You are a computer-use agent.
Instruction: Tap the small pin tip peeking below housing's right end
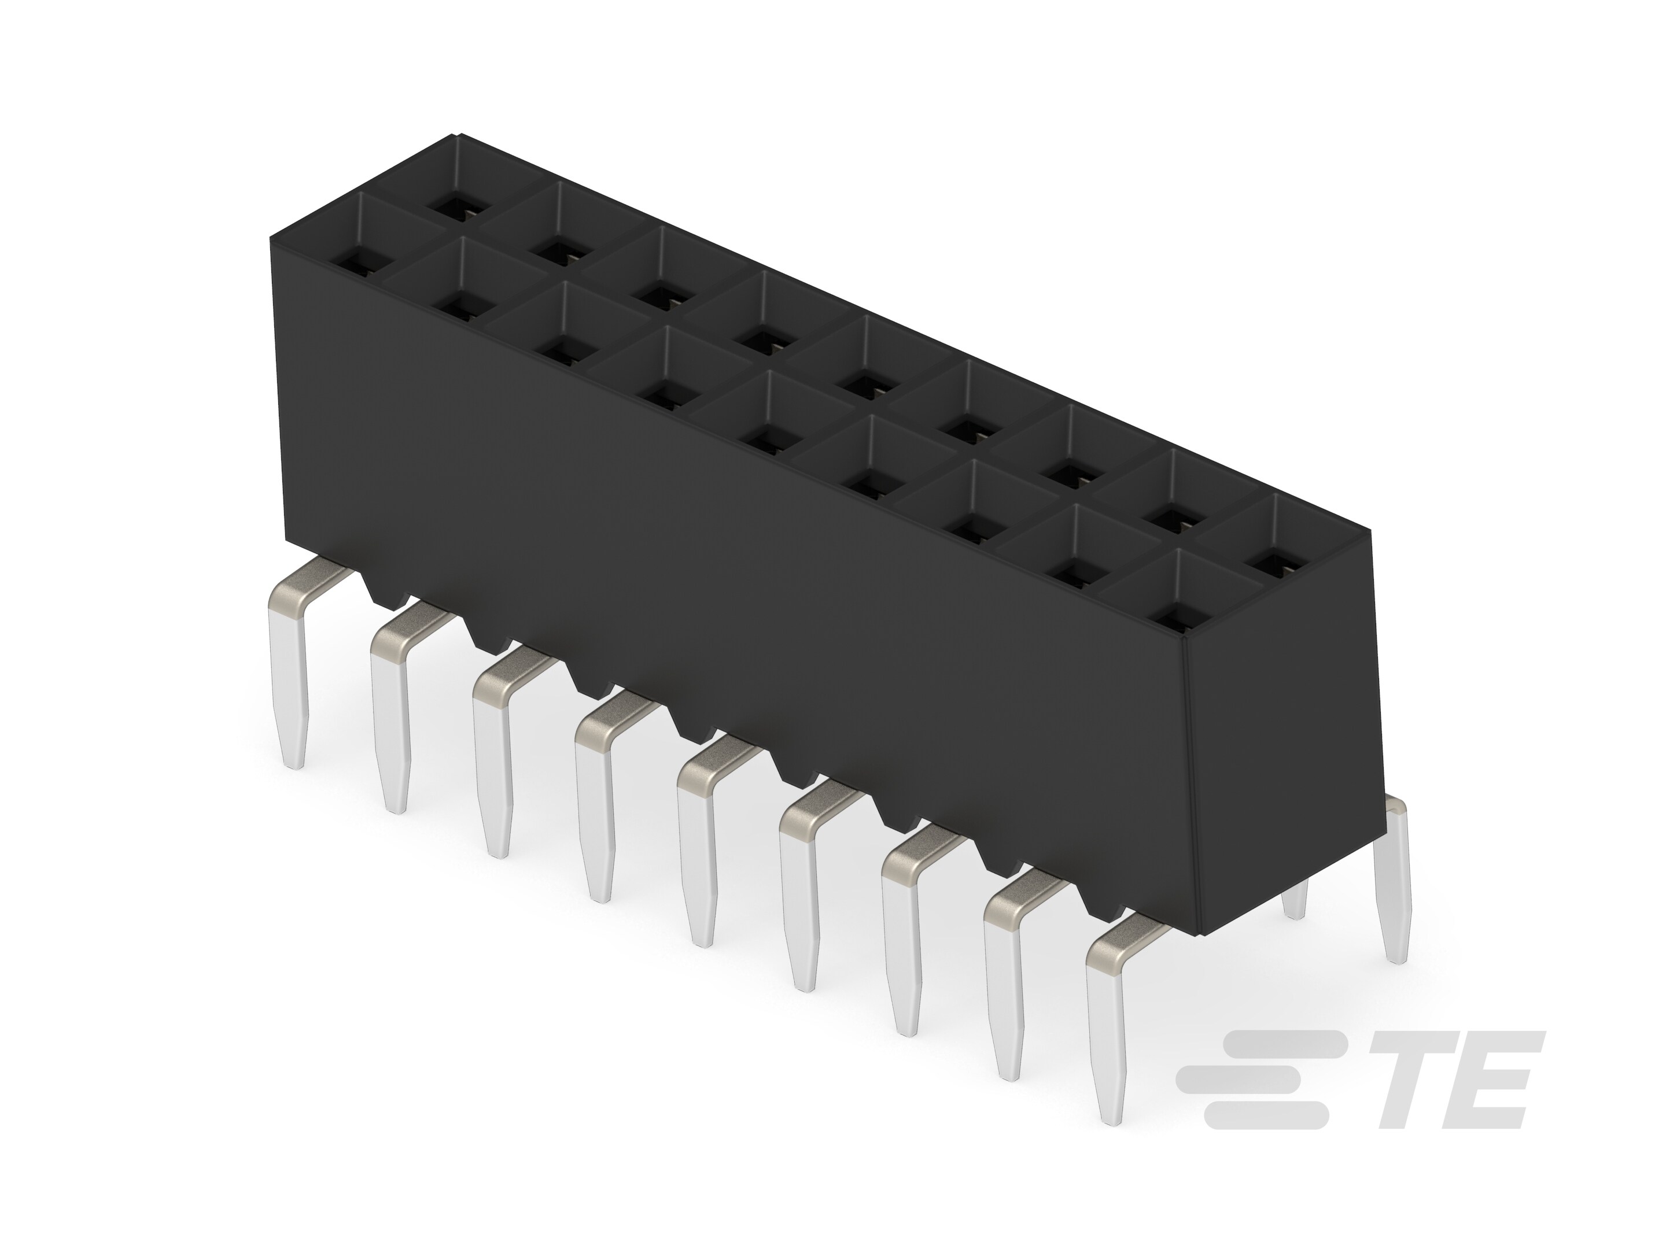(1294, 903)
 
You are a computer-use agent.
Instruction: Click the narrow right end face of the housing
(1280, 753)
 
